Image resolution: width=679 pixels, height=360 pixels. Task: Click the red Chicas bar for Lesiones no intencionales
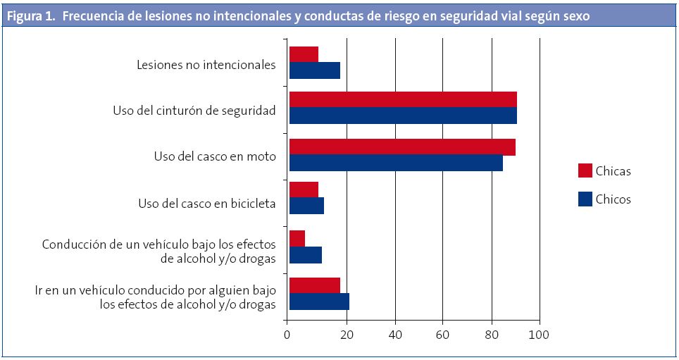[x=304, y=54]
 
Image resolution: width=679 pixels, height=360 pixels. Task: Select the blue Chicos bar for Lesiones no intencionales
[x=315, y=70]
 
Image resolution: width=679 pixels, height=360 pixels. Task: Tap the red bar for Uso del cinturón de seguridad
[x=403, y=99]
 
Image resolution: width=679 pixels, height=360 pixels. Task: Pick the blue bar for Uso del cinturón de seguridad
[x=403, y=116]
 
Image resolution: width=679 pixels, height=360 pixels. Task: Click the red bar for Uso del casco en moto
[x=402, y=147]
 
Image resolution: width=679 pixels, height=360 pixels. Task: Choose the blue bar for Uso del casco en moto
[x=396, y=163]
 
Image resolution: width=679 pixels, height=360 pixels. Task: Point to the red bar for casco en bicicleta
[x=304, y=190]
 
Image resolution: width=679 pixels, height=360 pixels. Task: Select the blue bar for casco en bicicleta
[x=306, y=206]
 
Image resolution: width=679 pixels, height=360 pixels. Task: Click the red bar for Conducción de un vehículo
[x=297, y=238]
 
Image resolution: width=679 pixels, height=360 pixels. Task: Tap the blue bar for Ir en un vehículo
[x=319, y=301]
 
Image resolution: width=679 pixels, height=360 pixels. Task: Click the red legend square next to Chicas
[x=585, y=170]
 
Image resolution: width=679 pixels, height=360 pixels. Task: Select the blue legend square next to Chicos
[x=585, y=199]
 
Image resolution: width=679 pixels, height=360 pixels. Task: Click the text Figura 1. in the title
[x=30, y=15]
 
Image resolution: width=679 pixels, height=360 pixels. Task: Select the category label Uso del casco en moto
[x=215, y=156]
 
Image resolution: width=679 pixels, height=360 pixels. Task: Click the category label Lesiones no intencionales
[x=206, y=65]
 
